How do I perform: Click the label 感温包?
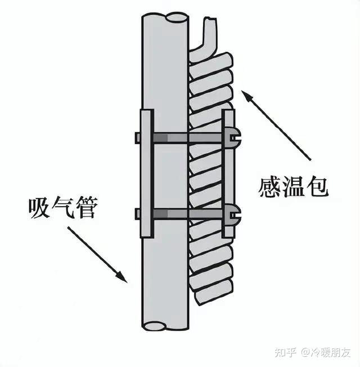[x=293, y=186]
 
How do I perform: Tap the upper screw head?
[x=233, y=137]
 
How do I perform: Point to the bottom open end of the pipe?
[x=165, y=325]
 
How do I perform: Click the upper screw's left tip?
[x=137, y=137]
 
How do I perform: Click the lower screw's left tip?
[x=137, y=213]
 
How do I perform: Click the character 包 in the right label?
[x=317, y=186]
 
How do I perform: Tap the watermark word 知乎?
[x=285, y=352]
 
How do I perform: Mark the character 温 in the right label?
[x=293, y=186]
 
